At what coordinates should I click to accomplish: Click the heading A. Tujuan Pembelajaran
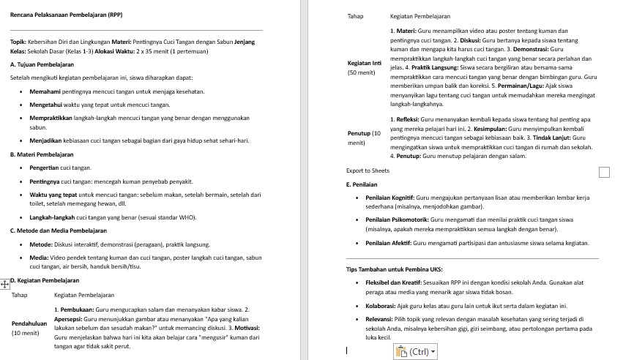[42, 64]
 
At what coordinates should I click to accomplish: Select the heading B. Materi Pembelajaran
[42, 155]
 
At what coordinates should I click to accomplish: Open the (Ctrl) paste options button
[414, 352]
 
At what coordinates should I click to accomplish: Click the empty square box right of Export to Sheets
[604, 172]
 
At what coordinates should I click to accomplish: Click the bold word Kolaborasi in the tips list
[382, 305]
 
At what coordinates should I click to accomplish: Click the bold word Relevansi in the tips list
[381, 320]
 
